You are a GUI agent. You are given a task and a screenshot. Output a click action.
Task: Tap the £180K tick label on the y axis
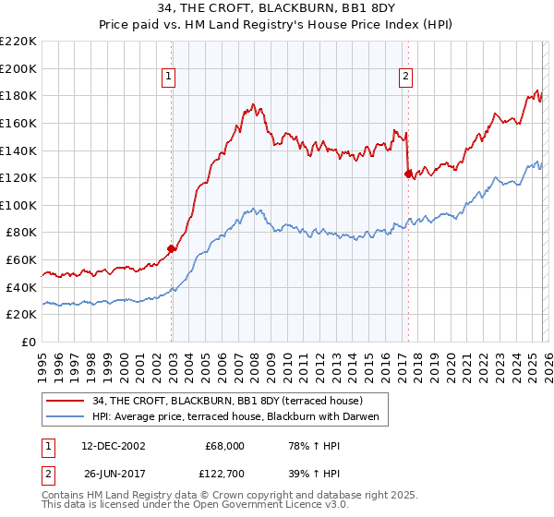[x=18, y=95]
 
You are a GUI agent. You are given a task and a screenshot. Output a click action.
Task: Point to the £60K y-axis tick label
[x=21, y=260]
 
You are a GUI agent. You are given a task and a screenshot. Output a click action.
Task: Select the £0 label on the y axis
[x=30, y=343]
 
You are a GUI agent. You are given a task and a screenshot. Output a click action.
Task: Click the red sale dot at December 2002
[x=172, y=248]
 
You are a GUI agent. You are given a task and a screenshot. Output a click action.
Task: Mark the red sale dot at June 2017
[x=408, y=173]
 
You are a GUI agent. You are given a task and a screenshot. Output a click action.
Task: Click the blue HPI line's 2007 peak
[x=251, y=210]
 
